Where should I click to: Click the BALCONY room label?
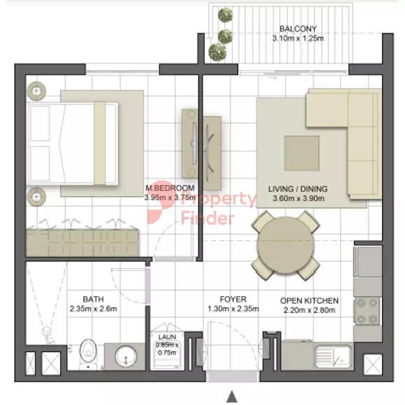click(x=297, y=29)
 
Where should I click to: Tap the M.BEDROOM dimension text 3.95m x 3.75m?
click(x=170, y=198)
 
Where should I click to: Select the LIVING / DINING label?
click(x=297, y=189)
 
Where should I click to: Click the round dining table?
click(x=286, y=245)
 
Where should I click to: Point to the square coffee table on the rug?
click(x=302, y=153)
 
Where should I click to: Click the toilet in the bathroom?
click(x=88, y=353)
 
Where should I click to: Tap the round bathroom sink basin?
click(x=126, y=356)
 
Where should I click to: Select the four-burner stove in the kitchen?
click(x=367, y=311)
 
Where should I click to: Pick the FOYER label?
click(x=233, y=299)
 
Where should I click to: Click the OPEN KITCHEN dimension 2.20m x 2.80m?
click(x=309, y=310)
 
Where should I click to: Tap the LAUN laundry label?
click(x=167, y=337)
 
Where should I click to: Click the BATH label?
click(x=94, y=299)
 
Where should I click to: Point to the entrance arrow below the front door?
click(x=232, y=396)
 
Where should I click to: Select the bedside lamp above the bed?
click(x=36, y=91)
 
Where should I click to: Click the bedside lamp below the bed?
click(x=36, y=197)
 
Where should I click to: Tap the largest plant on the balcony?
click(x=217, y=52)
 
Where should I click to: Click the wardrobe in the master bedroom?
click(x=82, y=243)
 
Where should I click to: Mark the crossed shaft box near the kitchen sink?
click(x=372, y=364)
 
